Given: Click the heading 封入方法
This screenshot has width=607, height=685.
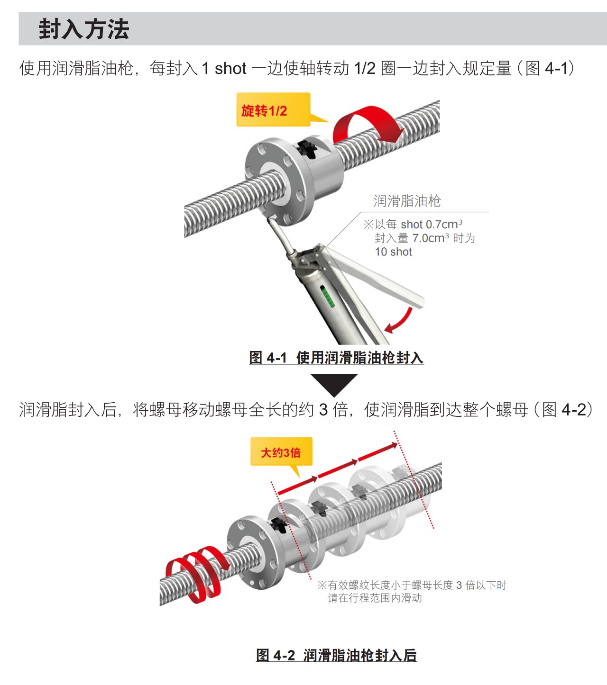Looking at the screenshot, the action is click(x=83, y=29).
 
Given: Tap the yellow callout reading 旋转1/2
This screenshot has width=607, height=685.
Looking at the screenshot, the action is click(x=273, y=109).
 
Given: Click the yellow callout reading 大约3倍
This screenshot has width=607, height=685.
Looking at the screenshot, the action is click(x=281, y=451).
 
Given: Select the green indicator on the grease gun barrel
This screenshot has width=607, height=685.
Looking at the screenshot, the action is click(x=327, y=297).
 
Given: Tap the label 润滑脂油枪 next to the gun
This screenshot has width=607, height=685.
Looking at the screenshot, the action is click(x=407, y=201).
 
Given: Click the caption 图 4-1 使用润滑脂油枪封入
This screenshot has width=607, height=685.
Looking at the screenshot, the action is click(x=336, y=357).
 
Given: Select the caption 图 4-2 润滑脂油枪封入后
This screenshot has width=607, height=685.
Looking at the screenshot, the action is click(x=336, y=655).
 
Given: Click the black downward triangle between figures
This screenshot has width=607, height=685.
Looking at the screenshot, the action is click(x=334, y=384).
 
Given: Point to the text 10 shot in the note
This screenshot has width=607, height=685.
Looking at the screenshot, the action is click(x=394, y=252).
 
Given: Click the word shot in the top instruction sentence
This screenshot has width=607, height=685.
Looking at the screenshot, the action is click(x=230, y=69).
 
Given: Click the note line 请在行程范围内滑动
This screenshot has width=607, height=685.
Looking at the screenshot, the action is click(x=375, y=598).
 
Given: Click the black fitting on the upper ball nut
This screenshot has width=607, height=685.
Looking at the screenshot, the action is click(x=307, y=148).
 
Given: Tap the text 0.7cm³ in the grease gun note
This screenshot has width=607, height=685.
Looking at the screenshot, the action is click(x=444, y=224).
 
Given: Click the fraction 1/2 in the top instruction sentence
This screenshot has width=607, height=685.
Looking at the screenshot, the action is click(x=365, y=69).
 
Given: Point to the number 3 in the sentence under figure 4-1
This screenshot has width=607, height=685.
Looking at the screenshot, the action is click(x=323, y=410).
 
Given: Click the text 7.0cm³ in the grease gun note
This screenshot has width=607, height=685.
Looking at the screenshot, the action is click(x=431, y=238).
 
